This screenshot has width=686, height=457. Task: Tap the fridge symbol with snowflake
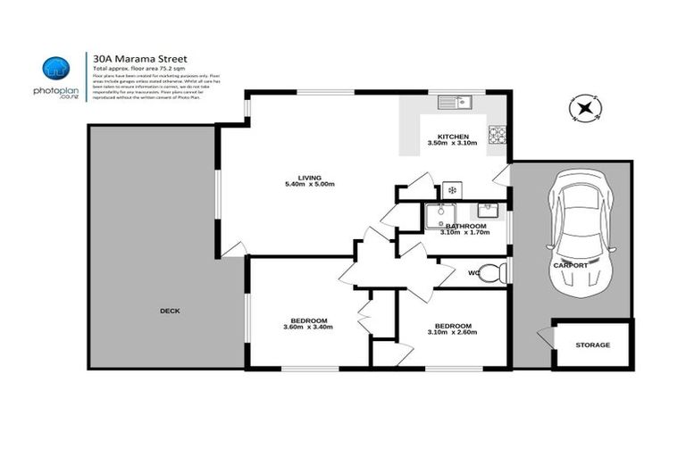[x=452, y=190]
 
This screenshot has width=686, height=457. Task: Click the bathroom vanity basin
[x=488, y=212]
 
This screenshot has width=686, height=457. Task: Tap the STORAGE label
[x=592, y=345]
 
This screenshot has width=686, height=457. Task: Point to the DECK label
[x=170, y=311]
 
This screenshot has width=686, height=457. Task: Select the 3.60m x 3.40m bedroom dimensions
[x=308, y=328]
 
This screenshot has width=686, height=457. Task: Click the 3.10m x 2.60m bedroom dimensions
[x=452, y=333]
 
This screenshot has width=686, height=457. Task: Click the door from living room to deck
[x=231, y=250]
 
